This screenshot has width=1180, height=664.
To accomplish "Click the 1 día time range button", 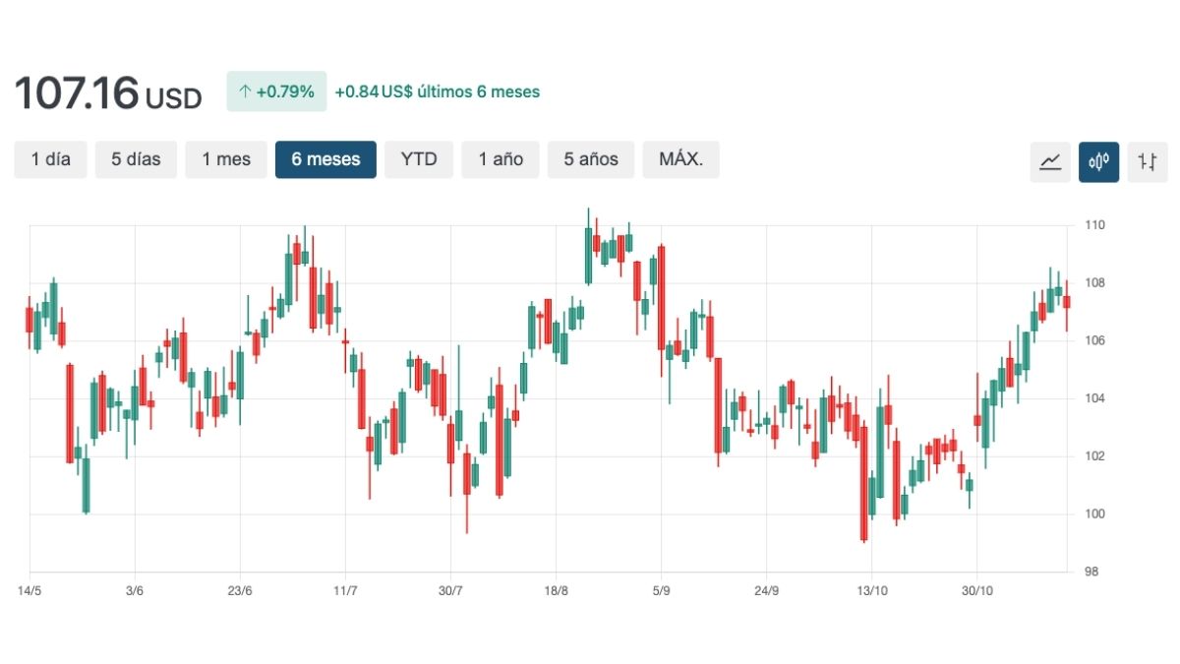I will (50, 159).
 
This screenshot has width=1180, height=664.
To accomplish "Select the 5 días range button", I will (136, 159).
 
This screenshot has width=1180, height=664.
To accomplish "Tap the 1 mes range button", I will (226, 159).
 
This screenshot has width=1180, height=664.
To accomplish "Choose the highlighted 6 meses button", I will (325, 159).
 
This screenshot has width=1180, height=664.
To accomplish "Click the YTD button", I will (419, 159).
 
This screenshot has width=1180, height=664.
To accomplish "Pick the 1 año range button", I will (501, 159).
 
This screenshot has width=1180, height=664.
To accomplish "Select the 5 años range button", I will (591, 159).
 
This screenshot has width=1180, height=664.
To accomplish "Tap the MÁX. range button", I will (680, 159).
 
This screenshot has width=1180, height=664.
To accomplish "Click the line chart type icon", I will (1050, 161).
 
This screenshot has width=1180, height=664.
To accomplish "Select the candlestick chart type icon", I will (1098, 161).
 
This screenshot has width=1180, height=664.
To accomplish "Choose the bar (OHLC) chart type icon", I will (1147, 161).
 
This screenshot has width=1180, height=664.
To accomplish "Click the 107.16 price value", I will (76, 93).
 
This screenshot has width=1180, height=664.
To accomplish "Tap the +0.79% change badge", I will (276, 91).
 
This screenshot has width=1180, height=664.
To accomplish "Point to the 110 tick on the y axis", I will (1095, 225).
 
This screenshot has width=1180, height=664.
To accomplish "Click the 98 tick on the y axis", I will (1092, 572).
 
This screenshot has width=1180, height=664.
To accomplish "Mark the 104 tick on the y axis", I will (1095, 398).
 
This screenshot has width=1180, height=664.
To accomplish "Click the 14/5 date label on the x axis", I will (29, 591).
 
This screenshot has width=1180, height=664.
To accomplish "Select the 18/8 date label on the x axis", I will (556, 591).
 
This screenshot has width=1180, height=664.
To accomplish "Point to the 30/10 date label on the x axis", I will (976, 591).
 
